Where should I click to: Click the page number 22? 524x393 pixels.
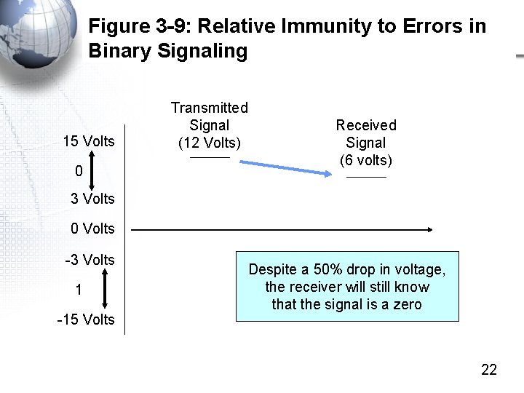(x=489, y=370)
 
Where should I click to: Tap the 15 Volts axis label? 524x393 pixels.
(x=89, y=141)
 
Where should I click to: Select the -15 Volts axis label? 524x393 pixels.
(x=87, y=319)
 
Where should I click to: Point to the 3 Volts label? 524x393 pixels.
(x=92, y=199)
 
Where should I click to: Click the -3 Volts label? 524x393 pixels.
(x=90, y=260)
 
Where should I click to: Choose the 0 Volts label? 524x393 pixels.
(x=92, y=229)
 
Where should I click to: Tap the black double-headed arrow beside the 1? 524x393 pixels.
(x=105, y=289)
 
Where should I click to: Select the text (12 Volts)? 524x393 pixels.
(x=210, y=143)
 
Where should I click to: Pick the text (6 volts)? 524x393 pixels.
(x=366, y=160)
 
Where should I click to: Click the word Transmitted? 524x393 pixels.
(x=210, y=108)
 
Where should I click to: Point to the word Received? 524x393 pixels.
(x=366, y=125)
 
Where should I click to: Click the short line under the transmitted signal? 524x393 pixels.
(x=210, y=157)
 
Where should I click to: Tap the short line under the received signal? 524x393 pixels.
(x=366, y=177)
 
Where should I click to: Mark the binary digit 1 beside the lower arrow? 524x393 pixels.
(x=79, y=290)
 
